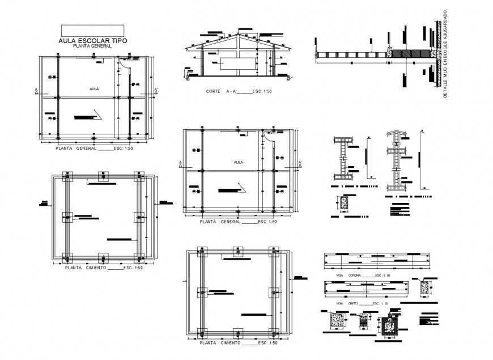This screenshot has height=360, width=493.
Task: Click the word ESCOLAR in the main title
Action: [x=93, y=41]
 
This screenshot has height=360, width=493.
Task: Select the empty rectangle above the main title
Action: [x=92, y=31]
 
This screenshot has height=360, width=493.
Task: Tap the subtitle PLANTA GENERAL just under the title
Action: [x=92, y=46]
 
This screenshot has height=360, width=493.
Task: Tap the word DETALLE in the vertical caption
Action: [x=445, y=90]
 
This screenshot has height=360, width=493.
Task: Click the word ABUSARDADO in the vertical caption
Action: [x=445, y=26]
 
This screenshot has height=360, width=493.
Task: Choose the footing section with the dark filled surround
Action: [x=388, y=325]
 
